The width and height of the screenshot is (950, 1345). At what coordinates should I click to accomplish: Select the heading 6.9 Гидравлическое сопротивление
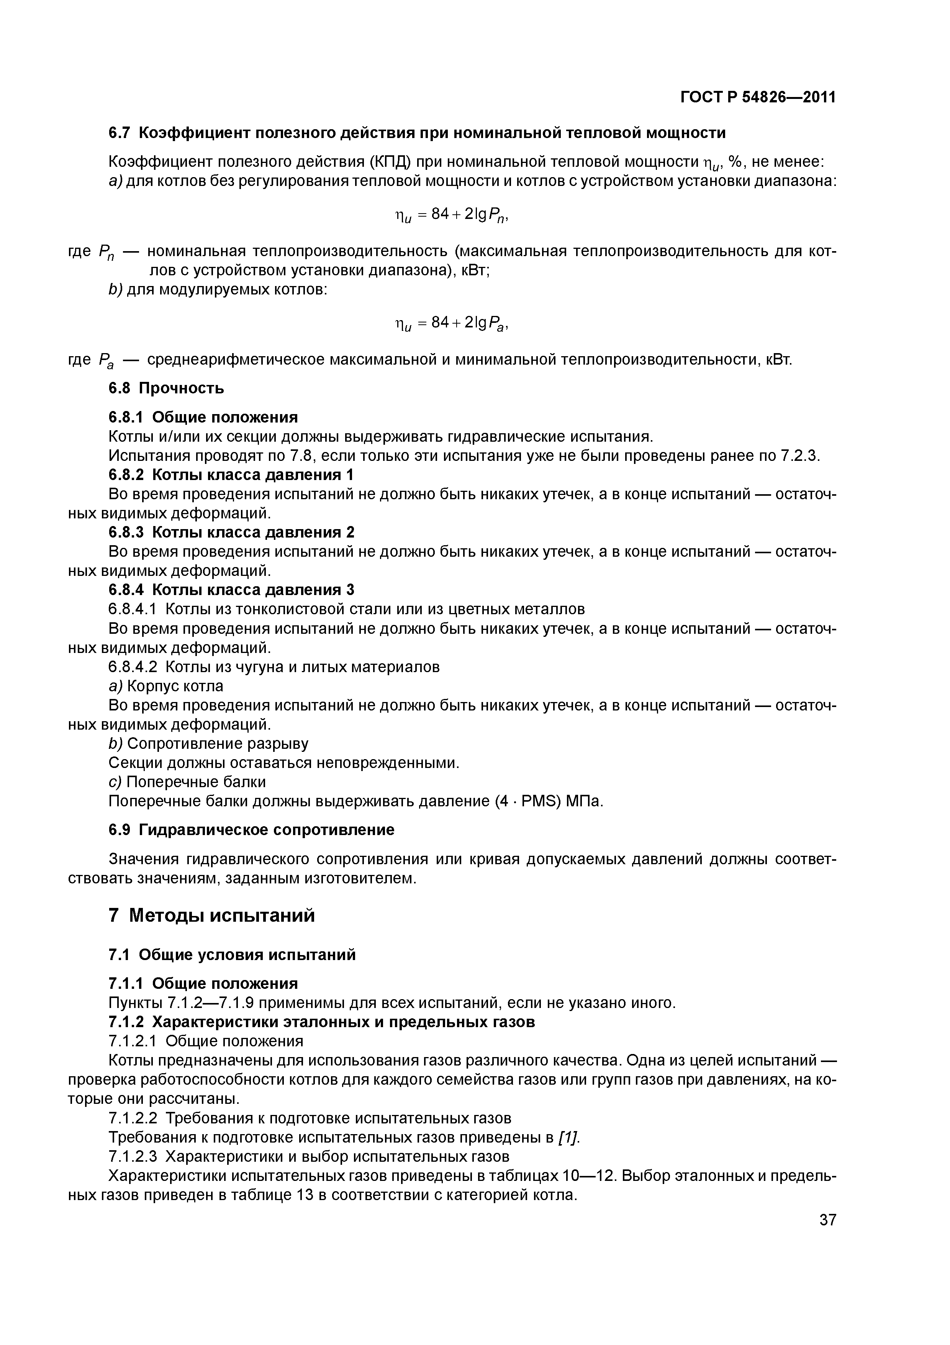(252, 829)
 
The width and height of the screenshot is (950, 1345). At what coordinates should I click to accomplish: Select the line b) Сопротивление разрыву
(208, 743)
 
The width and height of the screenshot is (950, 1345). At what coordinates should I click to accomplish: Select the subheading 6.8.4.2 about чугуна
(274, 667)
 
